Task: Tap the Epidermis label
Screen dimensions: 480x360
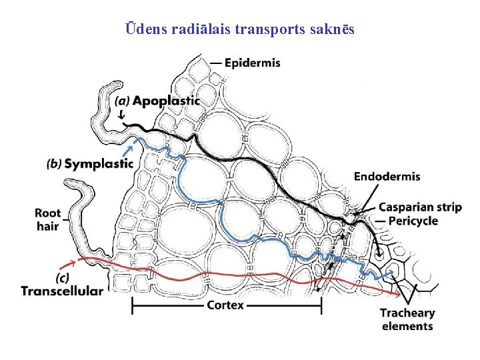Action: (252, 63)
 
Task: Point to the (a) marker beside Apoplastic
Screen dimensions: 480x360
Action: (122, 101)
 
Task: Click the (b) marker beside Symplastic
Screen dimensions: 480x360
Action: (55, 164)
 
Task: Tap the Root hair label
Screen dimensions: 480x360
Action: (47, 220)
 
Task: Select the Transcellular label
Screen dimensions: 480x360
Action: (62, 291)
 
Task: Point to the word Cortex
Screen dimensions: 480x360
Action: (225, 305)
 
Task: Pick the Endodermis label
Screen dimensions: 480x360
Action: (387, 177)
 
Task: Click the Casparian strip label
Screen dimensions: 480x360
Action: (420, 207)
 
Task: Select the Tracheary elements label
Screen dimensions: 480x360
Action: (407, 319)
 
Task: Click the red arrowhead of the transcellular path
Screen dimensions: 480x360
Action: (399, 294)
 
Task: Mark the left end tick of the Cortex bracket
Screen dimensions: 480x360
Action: (132, 306)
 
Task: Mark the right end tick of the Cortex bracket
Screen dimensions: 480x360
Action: (321, 306)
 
